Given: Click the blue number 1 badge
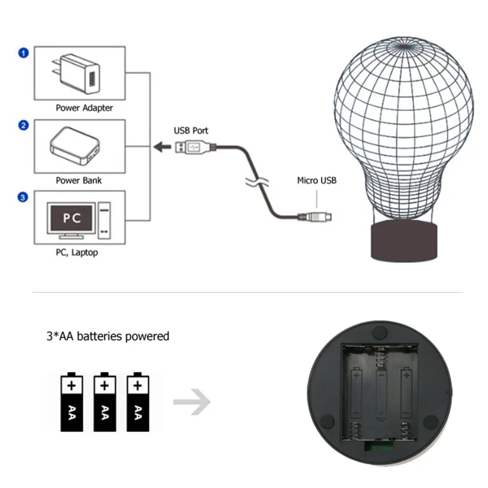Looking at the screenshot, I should [23, 53].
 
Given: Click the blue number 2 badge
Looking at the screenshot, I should [23, 126].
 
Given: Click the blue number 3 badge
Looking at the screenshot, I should [23, 197].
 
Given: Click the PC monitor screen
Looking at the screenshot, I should [72, 218].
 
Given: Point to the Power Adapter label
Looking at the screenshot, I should [84, 108].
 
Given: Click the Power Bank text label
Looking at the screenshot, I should [79, 181].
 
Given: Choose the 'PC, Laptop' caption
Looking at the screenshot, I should [76, 252].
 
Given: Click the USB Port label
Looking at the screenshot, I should [191, 131].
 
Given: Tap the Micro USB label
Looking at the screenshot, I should [317, 181].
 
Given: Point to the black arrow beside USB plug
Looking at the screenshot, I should [162, 147].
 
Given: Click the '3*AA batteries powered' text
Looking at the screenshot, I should [108, 336].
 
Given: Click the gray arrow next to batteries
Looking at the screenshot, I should [192, 403].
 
